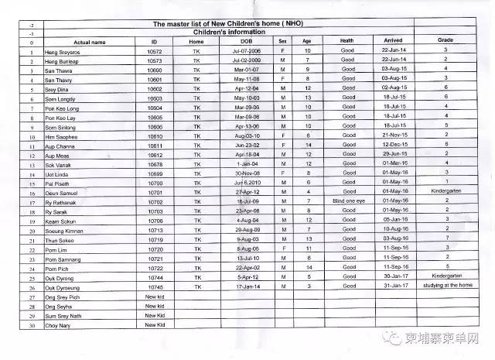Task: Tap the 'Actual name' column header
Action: pyautogui.click(x=88, y=41)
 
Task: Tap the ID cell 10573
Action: pyautogui.click(x=155, y=60)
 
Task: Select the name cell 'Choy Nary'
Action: pyautogui.click(x=60, y=325)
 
